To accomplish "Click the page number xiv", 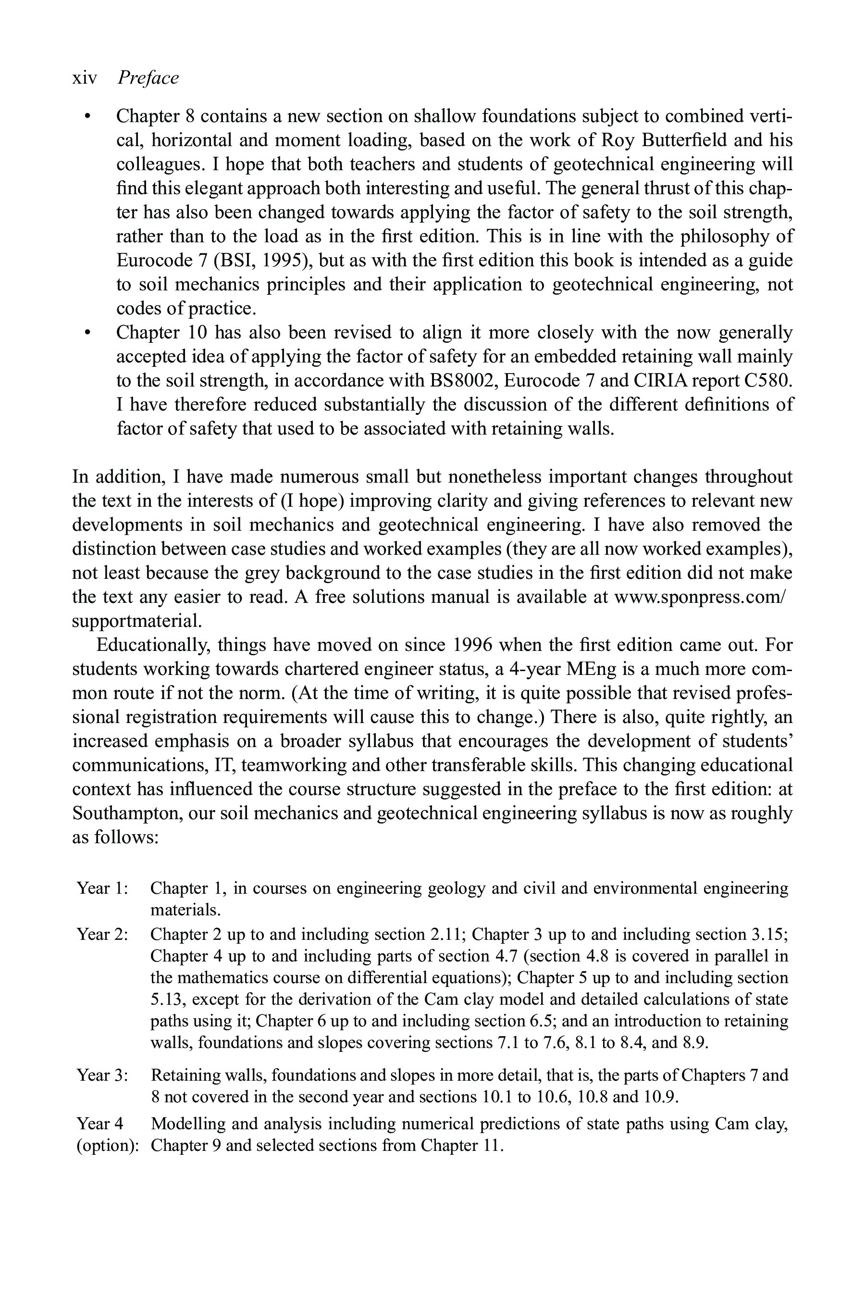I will pos(85,78).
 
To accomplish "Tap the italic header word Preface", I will pos(148,78).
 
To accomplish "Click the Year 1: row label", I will pos(103,888).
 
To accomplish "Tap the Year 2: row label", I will pos(103,934).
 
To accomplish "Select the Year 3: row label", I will pos(103,1075).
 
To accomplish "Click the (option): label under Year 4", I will pos(107,1146).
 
